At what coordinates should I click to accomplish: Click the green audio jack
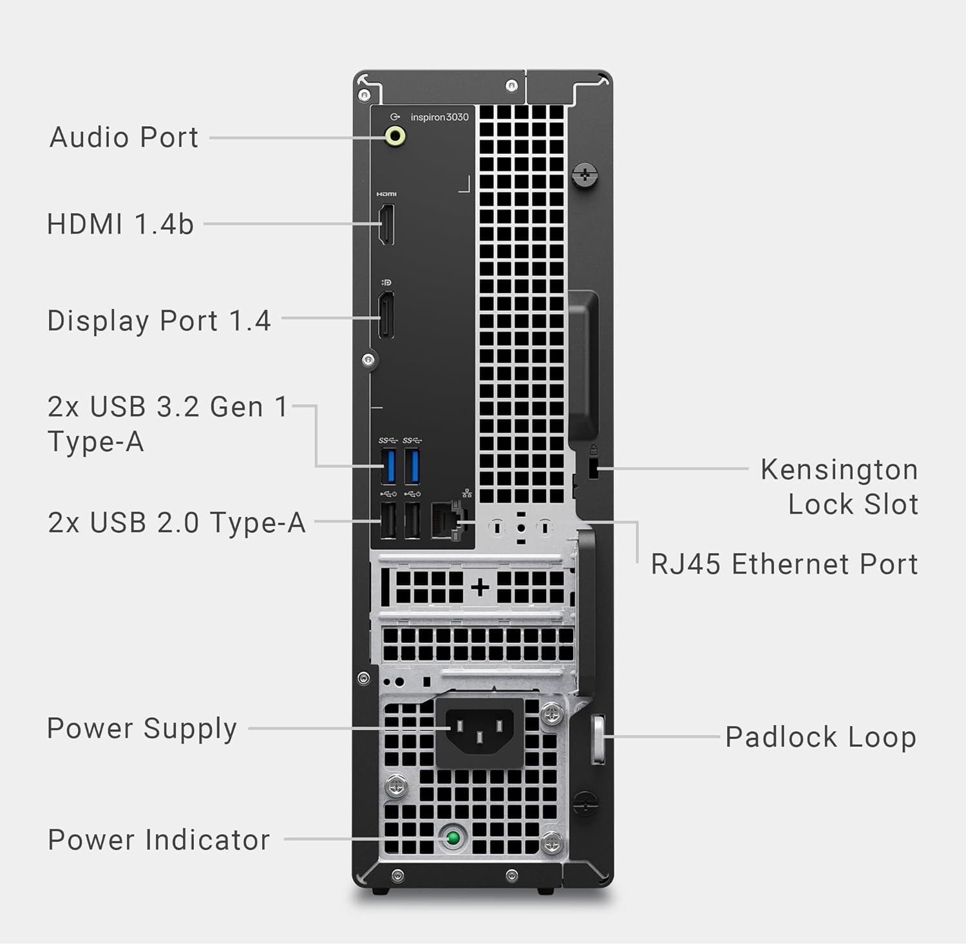(395, 136)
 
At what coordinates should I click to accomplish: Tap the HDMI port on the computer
(386, 224)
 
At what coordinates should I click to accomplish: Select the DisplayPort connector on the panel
(386, 315)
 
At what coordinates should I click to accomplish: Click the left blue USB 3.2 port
(388, 467)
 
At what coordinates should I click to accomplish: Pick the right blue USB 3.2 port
(412, 467)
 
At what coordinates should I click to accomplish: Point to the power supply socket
(480, 732)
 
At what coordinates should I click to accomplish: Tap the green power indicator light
(453, 838)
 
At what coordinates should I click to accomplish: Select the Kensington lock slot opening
(593, 469)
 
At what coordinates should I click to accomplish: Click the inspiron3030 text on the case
(440, 117)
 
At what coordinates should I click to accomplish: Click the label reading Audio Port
(124, 137)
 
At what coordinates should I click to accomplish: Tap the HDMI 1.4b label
(120, 224)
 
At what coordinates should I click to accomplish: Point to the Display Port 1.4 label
(159, 321)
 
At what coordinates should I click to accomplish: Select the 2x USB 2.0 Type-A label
(176, 522)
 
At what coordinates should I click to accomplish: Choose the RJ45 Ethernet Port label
(784, 564)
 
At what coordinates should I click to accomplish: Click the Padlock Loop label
(820, 737)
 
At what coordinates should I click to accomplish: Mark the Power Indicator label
(158, 839)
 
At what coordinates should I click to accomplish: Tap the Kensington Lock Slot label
(839, 487)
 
